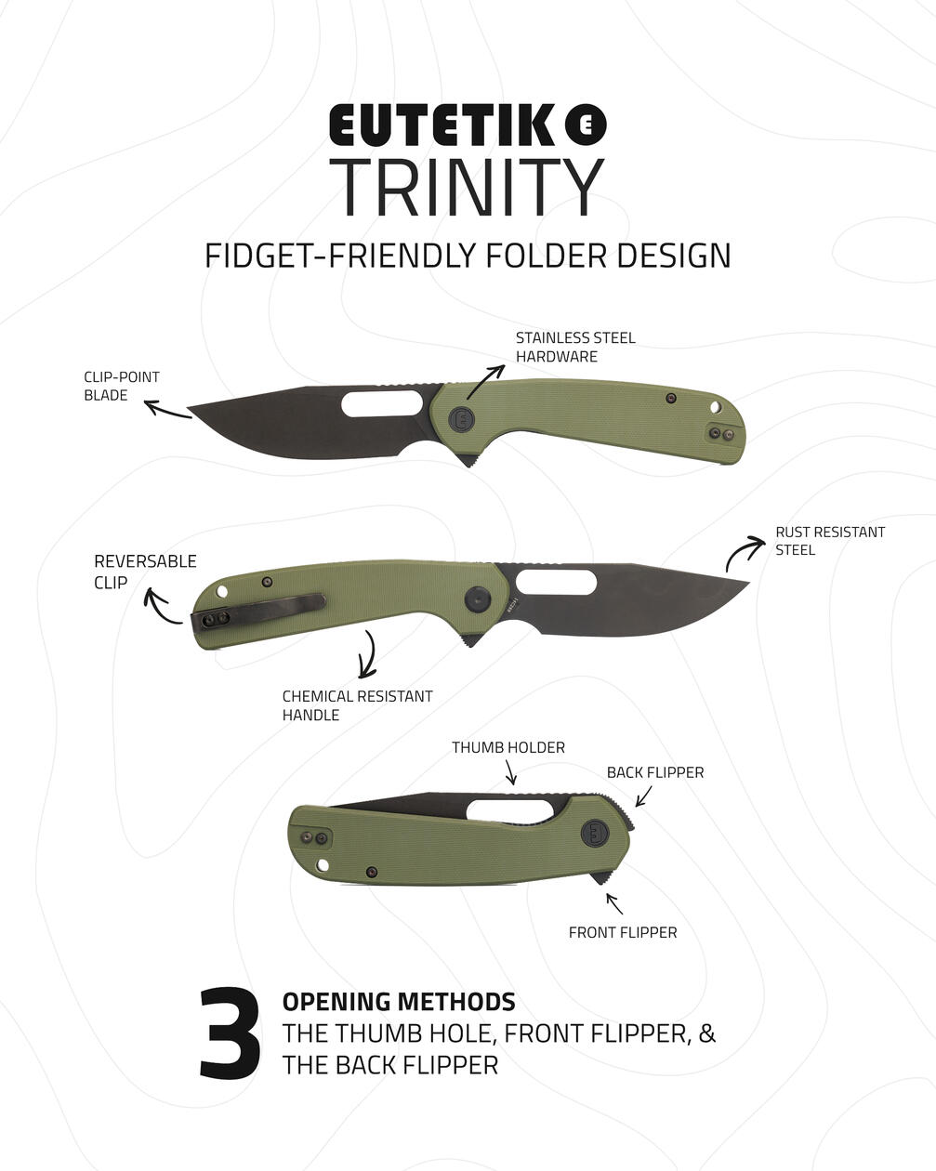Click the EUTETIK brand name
click(442, 125)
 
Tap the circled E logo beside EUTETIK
click(586, 125)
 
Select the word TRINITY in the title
click(467, 188)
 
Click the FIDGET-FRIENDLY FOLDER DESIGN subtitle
click(468, 256)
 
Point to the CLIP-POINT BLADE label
click(122, 386)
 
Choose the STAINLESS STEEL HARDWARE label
click(575, 348)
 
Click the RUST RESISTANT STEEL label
click(830, 541)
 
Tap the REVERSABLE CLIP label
click(145, 572)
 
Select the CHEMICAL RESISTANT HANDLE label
click(358, 705)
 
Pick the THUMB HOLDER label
click(508, 747)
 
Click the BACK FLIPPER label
click(655, 772)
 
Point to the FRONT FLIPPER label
click(623, 933)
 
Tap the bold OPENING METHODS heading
click(399, 1002)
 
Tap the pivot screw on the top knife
click(461, 418)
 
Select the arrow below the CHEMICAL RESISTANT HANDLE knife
click(370, 654)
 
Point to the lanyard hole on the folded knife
click(323, 865)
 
